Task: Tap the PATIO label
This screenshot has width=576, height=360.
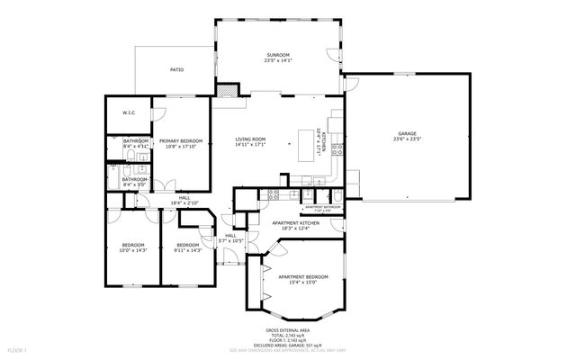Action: tap(178, 69)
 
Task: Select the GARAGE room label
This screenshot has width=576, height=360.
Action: tap(407, 133)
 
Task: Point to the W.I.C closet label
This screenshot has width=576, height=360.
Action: tap(128, 112)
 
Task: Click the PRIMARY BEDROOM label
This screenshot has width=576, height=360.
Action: tap(180, 141)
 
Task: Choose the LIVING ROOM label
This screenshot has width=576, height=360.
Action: tap(250, 139)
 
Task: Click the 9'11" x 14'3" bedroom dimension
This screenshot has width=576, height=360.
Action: tap(187, 250)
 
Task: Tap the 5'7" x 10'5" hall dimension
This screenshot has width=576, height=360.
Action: tap(230, 240)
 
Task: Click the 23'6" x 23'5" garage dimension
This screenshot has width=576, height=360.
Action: tap(407, 139)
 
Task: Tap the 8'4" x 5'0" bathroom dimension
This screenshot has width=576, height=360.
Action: tap(135, 184)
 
